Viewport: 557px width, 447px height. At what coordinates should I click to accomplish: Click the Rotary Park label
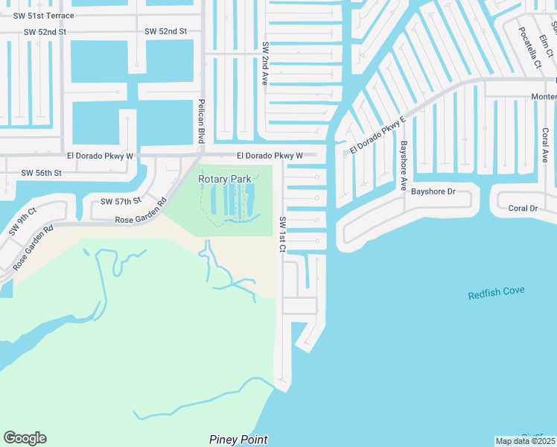(x=224, y=179)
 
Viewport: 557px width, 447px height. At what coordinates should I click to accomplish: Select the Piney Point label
(x=238, y=440)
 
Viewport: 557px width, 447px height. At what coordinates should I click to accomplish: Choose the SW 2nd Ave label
(x=264, y=63)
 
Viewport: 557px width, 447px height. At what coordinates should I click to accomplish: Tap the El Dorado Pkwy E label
(x=378, y=135)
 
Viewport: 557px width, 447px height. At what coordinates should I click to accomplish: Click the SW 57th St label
(x=121, y=202)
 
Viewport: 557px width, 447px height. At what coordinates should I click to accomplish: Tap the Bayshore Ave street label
(x=404, y=165)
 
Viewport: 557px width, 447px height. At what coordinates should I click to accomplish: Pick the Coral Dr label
(x=523, y=209)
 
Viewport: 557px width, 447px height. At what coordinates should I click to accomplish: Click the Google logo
(x=25, y=438)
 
